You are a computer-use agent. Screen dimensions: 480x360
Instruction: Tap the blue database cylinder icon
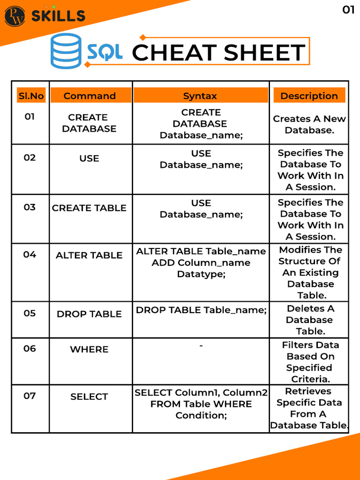click(66, 51)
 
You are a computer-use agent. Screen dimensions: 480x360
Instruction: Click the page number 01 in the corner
click(348, 10)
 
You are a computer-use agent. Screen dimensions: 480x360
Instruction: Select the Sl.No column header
click(31, 96)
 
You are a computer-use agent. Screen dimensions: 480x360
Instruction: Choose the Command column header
click(90, 96)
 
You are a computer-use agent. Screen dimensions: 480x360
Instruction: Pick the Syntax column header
click(200, 96)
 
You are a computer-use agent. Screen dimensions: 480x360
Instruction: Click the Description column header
click(309, 96)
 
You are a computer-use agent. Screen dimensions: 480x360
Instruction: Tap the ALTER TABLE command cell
click(89, 255)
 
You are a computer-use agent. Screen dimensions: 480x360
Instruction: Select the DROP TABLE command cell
click(89, 314)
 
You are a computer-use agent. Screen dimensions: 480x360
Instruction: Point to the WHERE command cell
click(89, 349)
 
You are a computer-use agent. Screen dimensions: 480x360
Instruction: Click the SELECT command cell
click(89, 397)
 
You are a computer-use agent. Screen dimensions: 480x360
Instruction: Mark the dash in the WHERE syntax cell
click(201, 346)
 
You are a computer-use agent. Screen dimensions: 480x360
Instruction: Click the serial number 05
click(30, 313)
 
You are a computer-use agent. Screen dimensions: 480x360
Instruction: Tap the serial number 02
click(30, 157)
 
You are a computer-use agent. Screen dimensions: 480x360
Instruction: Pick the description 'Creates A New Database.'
click(309, 124)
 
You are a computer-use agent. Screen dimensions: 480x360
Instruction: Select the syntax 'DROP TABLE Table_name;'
click(201, 310)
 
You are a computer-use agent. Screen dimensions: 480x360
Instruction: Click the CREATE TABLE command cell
click(89, 208)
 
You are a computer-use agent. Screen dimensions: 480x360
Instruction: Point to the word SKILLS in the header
click(58, 16)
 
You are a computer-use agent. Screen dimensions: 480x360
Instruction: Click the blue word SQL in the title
click(105, 52)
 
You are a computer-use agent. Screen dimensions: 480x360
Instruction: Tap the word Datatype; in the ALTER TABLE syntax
click(201, 274)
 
